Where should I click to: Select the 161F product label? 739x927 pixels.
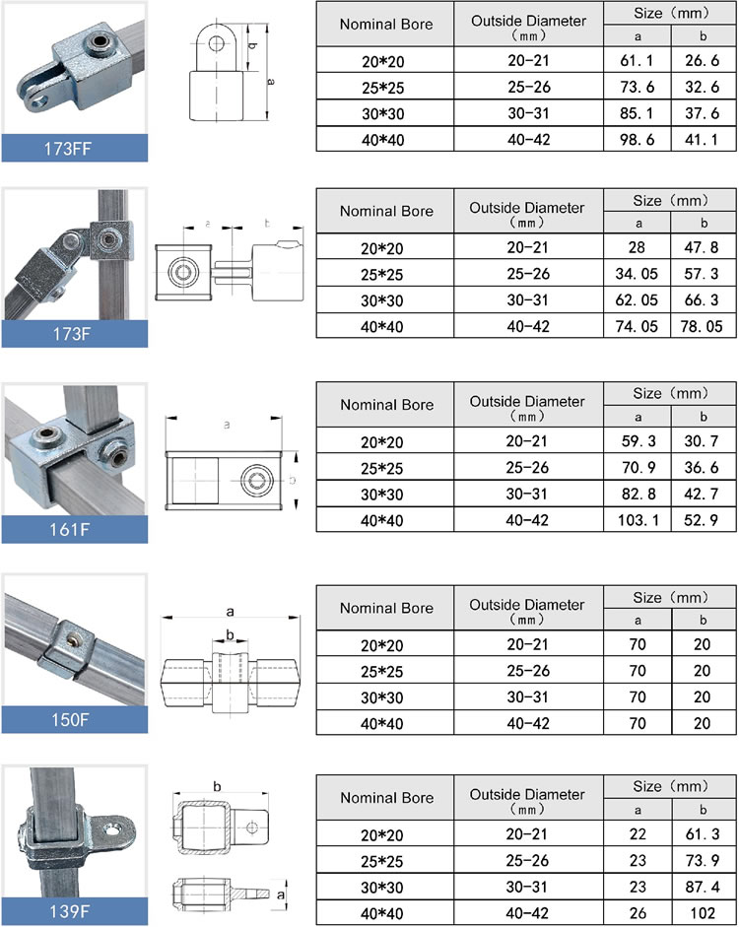click(x=74, y=530)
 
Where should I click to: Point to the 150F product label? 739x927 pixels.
click(x=74, y=720)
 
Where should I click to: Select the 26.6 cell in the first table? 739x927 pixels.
click(x=704, y=62)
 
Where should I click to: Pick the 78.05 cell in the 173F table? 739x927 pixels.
click(x=704, y=325)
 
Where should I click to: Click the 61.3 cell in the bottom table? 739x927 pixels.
click(x=704, y=832)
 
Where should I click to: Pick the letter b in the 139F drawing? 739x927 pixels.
click(x=216, y=786)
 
